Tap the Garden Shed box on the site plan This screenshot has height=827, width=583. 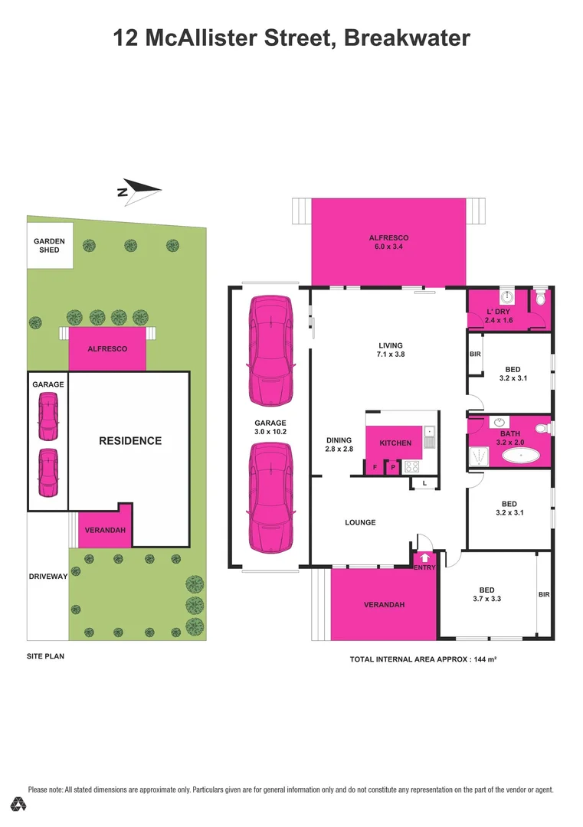coord(50,245)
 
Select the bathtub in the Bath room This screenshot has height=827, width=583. coord(521,456)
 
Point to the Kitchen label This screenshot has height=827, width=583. coord(395,443)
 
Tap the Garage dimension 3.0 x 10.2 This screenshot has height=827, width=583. coord(270,433)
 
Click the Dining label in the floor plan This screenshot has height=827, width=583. coord(339,440)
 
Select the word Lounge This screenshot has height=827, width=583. coord(360,523)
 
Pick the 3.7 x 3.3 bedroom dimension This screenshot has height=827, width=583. coord(486,600)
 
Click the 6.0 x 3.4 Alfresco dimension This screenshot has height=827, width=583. coord(388,248)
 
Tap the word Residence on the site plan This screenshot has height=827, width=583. coord(130,441)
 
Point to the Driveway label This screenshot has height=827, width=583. coord(48,577)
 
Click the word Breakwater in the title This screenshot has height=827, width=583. coord(407,38)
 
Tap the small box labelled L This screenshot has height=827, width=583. coord(424,482)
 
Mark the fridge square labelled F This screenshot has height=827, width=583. coord(375,466)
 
